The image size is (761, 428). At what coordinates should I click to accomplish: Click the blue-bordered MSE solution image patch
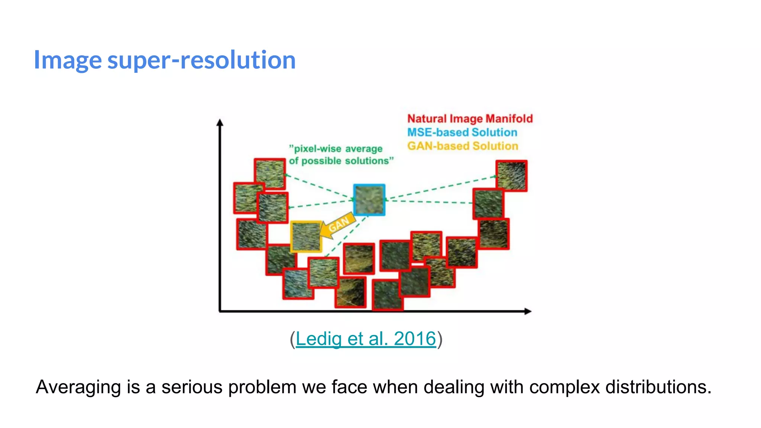369,200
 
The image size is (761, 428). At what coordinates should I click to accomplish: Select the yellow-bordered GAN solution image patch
306,237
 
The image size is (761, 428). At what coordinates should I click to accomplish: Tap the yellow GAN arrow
337,225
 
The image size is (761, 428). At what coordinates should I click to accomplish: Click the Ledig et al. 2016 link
366,339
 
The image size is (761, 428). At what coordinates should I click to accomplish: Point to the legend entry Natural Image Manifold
470,119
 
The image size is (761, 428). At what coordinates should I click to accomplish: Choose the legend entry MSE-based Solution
462,132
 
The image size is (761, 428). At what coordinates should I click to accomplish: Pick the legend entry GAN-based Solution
463,146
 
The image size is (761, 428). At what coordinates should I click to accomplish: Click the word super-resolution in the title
201,60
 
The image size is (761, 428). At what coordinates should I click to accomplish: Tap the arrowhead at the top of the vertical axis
220,123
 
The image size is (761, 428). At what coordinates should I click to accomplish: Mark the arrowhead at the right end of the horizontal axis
528,311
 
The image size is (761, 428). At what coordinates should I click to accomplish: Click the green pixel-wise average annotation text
341,155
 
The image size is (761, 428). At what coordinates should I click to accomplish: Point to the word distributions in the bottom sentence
658,387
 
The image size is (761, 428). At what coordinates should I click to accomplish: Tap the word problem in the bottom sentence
262,387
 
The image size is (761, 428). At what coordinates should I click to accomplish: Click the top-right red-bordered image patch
512,176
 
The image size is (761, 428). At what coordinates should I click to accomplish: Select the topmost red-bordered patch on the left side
270,174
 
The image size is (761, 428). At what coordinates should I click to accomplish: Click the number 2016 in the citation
415,339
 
